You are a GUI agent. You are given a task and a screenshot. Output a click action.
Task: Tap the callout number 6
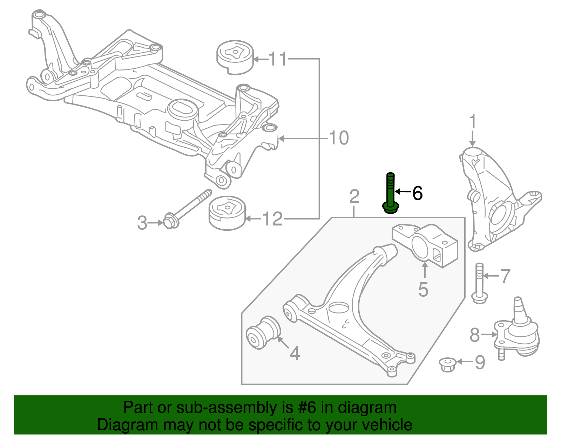tap(417, 193)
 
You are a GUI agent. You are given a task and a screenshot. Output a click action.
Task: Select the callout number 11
tap(278, 59)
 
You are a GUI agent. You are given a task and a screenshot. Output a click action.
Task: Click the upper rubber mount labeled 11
tap(234, 58)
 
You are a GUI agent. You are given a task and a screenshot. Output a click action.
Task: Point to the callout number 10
tap(339, 138)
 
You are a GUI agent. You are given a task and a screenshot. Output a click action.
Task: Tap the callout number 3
tap(142, 223)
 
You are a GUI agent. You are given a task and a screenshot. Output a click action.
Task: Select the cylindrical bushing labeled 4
tap(264, 332)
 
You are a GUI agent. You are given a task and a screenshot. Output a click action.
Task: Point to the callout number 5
tap(423, 290)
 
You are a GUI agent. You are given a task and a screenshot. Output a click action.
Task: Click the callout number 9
tap(480, 362)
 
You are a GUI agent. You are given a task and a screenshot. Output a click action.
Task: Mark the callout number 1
tap(473, 122)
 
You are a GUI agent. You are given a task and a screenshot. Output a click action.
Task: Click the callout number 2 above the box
tap(354, 197)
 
